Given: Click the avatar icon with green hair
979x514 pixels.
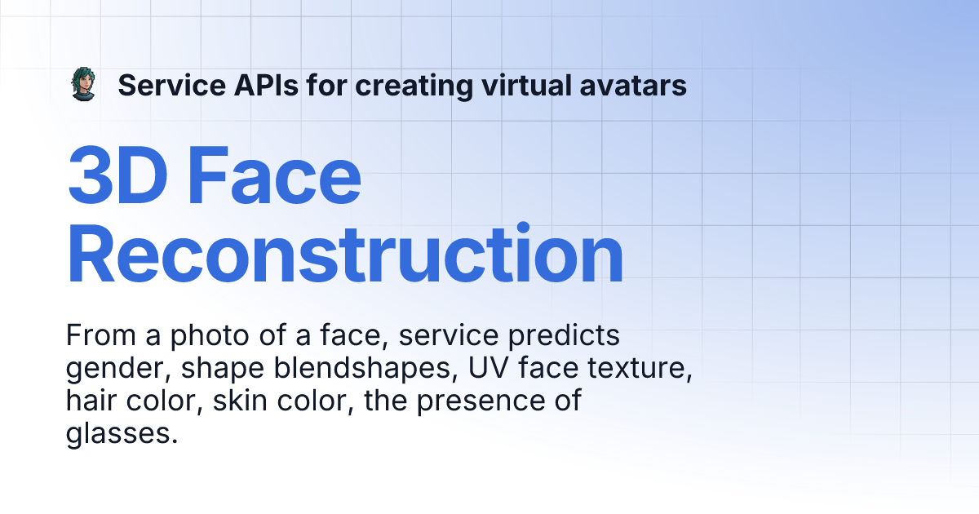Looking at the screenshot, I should point(82,85).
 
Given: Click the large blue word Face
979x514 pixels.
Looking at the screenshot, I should point(275,177).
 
